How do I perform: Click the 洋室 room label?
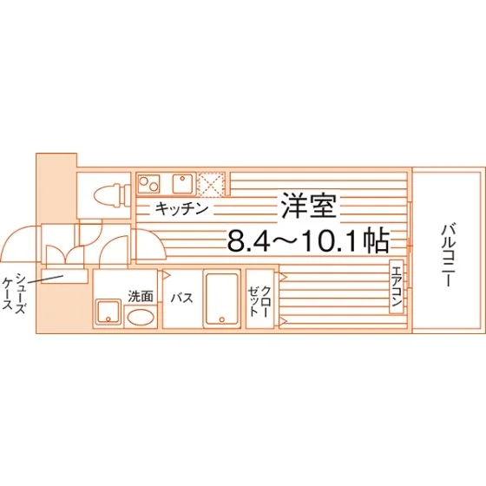(309, 207)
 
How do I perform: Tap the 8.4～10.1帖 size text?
(308, 240)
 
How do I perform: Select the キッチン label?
(181, 208)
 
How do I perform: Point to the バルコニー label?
(448, 255)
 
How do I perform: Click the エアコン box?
(397, 286)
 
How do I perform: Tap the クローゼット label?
(259, 301)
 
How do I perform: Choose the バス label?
(182, 298)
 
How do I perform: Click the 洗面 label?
(141, 296)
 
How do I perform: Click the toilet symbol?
(112, 195)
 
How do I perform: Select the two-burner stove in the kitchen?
(149, 183)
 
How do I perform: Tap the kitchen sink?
(182, 183)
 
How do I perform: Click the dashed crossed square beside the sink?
(212, 184)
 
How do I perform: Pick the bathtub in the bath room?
(222, 299)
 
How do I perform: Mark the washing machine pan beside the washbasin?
(108, 312)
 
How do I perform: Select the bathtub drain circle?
(222, 319)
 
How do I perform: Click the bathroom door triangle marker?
(166, 274)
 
